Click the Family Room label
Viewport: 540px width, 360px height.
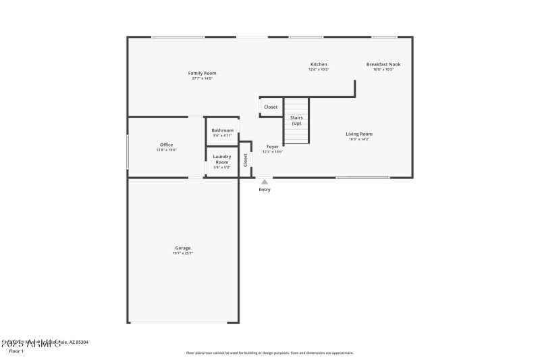pyautogui.click(x=202, y=73)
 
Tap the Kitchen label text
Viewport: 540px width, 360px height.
pyautogui.click(x=318, y=64)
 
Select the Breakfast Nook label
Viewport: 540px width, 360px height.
pyautogui.click(x=383, y=64)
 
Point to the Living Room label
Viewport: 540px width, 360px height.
pyautogui.click(x=358, y=134)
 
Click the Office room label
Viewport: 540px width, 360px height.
pyautogui.click(x=166, y=145)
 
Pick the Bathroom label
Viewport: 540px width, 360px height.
pyautogui.click(x=222, y=130)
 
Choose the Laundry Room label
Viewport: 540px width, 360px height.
pyautogui.click(x=222, y=159)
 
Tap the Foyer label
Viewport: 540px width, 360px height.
pyautogui.click(x=272, y=147)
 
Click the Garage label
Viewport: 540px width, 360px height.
pyautogui.click(x=182, y=248)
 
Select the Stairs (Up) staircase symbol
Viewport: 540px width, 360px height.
pyautogui.click(x=296, y=121)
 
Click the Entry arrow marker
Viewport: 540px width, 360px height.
pyautogui.click(x=265, y=182)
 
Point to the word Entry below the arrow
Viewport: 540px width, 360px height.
pyautogui.click(x=265, y=190)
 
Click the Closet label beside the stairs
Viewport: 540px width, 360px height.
pyautogui.click(x=271, y=107)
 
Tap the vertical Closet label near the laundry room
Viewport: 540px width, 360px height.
pyautogui.click(x=246, y=159)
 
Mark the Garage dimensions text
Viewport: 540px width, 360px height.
pyautogui.click(x=182, y=253)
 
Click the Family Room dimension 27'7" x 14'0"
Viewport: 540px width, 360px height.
pyautogui.click(x=202, y=78)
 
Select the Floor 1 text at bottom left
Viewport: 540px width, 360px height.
pyautogui.click(x=16, y=351)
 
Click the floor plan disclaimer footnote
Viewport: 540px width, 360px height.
pyautogui.click(x=269, y=353)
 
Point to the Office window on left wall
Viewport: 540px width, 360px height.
pyautogui.click(x=128, y=152)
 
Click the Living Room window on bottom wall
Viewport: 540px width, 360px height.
pyautogui.click(x=362, y=178)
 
